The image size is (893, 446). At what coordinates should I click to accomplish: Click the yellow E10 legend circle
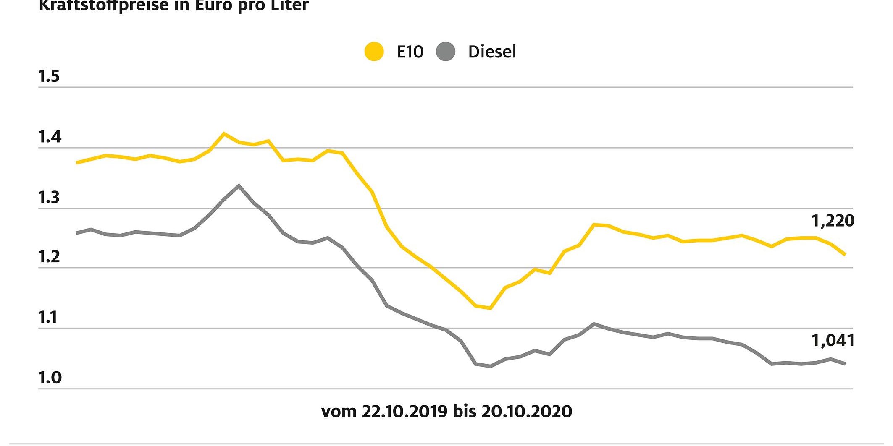point(374,52)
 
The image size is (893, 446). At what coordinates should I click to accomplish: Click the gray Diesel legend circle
point(446,52)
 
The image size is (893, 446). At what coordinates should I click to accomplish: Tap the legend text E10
point(410,52)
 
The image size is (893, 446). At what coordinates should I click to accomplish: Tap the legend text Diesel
point(492,52)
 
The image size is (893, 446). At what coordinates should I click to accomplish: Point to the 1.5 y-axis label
point(49,76)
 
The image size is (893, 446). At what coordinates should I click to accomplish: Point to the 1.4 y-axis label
point(50,137)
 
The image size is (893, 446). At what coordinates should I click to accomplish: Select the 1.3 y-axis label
point(49,197)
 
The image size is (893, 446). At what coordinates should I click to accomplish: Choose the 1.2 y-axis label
point(49,257)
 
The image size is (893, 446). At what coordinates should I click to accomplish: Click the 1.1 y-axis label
point(48,318)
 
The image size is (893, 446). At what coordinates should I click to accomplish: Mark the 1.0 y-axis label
point(50,378)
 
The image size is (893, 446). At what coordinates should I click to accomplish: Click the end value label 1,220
point(832,221)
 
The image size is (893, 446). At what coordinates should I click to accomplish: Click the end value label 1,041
point(833,340)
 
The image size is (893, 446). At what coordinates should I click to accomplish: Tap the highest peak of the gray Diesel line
point(239,185)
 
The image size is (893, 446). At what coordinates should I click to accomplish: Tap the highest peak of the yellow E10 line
point(224,133)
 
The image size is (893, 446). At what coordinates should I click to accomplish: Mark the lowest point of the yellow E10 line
point(490,308)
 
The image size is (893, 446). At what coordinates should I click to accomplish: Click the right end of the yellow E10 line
point(845,254)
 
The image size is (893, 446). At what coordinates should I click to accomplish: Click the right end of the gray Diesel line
point(845,363)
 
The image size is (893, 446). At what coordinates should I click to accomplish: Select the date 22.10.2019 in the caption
point(404,411)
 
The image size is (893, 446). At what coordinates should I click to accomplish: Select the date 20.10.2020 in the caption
point(526,411)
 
